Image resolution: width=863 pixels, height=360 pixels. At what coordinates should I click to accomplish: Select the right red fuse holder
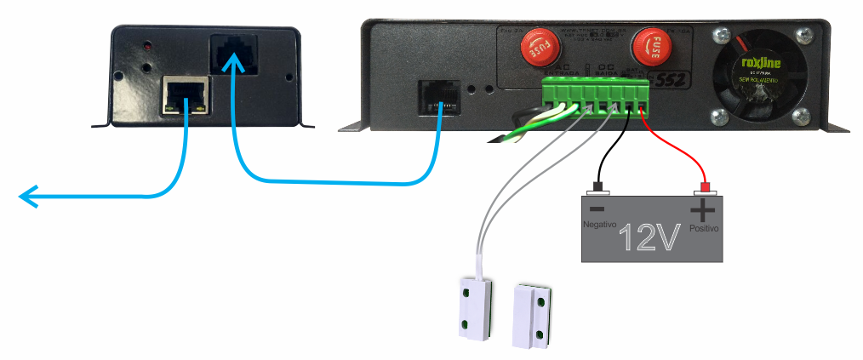coord(652,49)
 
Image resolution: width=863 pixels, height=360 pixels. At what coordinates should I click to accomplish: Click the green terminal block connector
coord(596,97)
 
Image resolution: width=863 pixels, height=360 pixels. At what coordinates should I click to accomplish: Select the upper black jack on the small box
coord(231,53)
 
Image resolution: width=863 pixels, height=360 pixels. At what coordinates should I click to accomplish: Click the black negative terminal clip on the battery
coord(598,187)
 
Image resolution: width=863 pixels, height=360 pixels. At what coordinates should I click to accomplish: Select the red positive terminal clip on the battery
coord(705,187)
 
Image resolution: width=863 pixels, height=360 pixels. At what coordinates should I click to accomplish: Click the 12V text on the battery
coord(649,238)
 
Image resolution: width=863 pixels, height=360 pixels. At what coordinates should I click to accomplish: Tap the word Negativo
coord(598,224)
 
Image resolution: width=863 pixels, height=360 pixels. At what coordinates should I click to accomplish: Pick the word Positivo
coord(704,228)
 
